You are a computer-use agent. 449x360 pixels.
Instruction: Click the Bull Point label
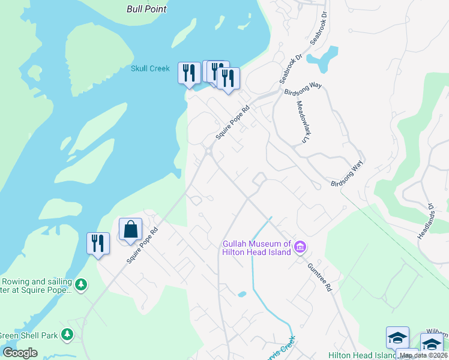pos(146,9)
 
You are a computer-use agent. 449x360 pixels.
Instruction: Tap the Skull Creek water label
pos(151,68)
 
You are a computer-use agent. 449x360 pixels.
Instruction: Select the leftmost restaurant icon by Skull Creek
pos(189,73)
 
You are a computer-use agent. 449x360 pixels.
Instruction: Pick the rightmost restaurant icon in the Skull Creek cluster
pos(228,79)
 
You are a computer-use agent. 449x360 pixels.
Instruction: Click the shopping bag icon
pos(130,229)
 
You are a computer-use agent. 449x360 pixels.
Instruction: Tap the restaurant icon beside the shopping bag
pos(98,244)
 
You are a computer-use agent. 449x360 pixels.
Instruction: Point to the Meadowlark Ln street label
pos(301,121)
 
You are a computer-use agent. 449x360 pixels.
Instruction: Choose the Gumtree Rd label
pos(319,277)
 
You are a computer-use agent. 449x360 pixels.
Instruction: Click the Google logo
pos(20,353)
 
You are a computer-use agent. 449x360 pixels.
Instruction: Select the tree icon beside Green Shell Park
pos(68,334)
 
